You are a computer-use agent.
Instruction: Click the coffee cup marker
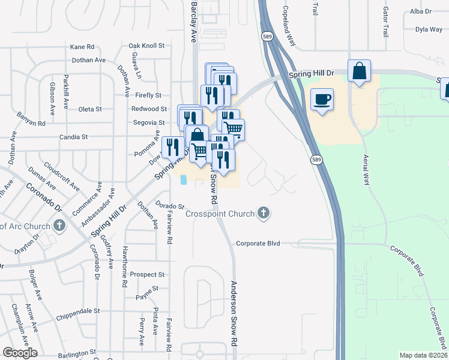tap(322, 99)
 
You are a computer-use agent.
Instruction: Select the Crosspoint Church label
tap(220, 214)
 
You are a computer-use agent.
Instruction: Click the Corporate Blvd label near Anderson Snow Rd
tap(258, 244)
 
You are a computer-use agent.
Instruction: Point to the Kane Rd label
tap(82, 46)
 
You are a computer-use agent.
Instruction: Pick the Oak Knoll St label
tap(146, 46)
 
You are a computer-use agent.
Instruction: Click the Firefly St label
tap(149, 95)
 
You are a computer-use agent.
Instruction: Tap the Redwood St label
tap(149, 109)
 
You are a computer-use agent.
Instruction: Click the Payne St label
tap(147, 289)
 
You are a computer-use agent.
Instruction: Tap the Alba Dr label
tap(421, 11)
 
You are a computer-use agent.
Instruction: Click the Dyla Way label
tap(429, 29)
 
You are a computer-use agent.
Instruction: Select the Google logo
tap(20, 353)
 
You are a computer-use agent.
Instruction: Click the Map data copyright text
tap(423, 355)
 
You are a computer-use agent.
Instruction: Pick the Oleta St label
tap(90, 109)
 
